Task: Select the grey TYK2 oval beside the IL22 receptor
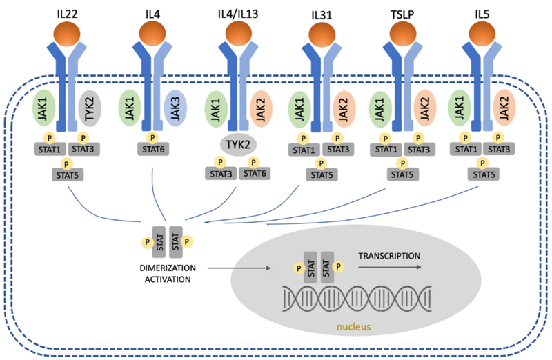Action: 90,108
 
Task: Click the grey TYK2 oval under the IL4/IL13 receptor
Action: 234,143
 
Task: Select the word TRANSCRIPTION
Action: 389,256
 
